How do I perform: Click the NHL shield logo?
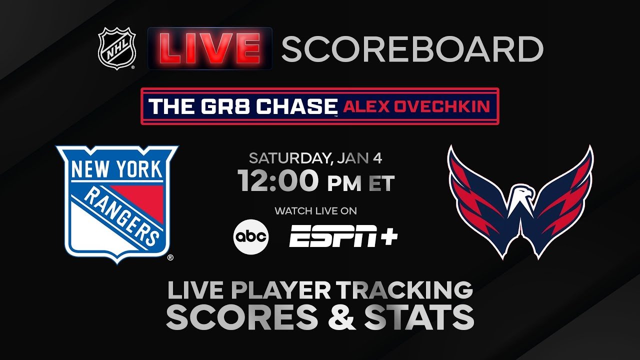click(117, 48)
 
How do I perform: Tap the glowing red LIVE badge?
click(210, 48)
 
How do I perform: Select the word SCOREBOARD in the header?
click(412, 49)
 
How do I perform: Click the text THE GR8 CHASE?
click(243, 106)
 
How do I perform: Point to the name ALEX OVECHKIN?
click(416, 106)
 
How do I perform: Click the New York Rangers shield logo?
click(117, 204)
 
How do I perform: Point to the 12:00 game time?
click(278, 181)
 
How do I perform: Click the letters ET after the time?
click(381, 183)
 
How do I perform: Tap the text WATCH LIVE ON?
click(316, 211)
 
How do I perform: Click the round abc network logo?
click(251, 237)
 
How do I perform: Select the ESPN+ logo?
click(343, 236)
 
